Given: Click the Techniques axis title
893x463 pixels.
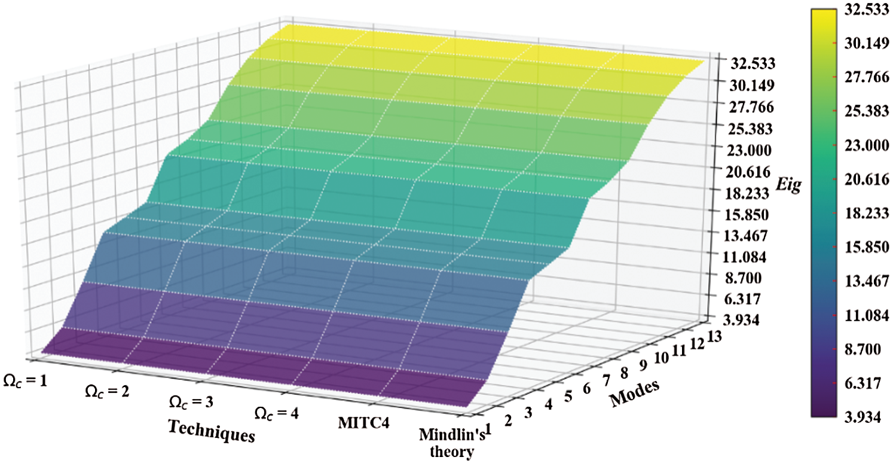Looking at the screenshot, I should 208,430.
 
